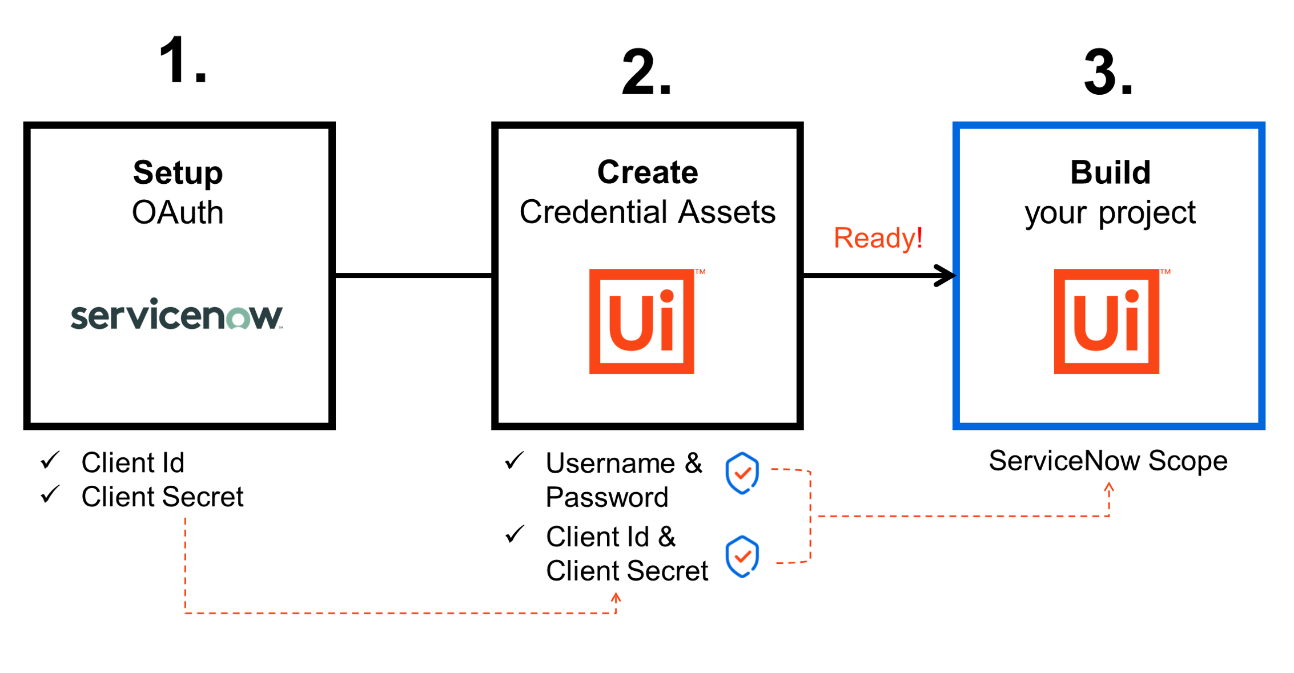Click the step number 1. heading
coord(183,60)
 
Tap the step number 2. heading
coord(646,72)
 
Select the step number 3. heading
coord(1108,72)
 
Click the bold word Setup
coord(178,172)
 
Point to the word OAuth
coord(178,212)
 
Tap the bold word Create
coord(648,172)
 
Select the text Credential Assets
coord(648,212)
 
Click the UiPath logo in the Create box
coord(642,321)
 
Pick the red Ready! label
coord(878,237)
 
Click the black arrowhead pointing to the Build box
coord(946,276)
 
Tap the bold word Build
coord(1110,172)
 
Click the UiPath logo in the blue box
coord(1107,321)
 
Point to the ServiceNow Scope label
coord(1108,461)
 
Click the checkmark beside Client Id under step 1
coord(50,460)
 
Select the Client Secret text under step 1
coord(163,497)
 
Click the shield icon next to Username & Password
coord(742,473)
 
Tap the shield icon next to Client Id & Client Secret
coord(742,557)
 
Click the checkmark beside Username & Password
coord(515,461)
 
